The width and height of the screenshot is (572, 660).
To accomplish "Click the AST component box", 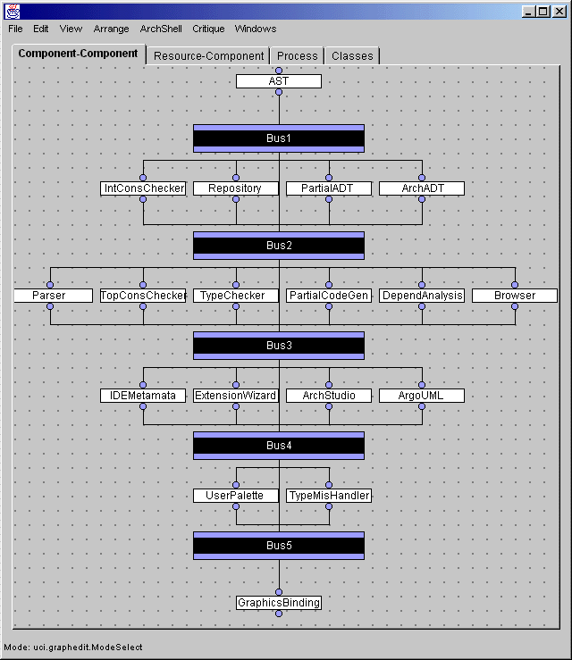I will [x=279, y=81].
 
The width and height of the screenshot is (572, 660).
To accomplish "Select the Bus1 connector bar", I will [x=279, y=138].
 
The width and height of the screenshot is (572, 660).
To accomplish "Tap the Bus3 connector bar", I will [x=279, y=346].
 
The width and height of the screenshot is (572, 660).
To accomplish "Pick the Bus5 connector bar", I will [x=279, y=546].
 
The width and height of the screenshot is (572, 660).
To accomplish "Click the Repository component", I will [x=236, y=188].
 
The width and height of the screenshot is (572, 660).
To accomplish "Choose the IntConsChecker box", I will [x=143, y=188].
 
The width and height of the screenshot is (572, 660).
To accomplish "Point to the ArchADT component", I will [x=422, y=188].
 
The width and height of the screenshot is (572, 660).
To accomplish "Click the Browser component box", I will [x=515, y=296].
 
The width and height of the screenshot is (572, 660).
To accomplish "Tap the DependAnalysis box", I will [x=422, y=296].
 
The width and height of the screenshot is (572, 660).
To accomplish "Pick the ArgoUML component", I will [x=422, y=396].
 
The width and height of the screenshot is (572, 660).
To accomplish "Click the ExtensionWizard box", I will [x=236, y=396].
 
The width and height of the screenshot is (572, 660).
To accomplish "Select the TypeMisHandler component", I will [x=329, y=496].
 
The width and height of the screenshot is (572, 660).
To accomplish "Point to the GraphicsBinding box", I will [x=279, y=603].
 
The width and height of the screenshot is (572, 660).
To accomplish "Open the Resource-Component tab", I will [x=208, y=55].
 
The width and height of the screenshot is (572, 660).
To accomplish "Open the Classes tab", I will [x=352, y=55].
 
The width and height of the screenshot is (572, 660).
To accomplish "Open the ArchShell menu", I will [x=161, y=29].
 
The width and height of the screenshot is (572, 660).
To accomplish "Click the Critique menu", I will [x=208, y=29].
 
